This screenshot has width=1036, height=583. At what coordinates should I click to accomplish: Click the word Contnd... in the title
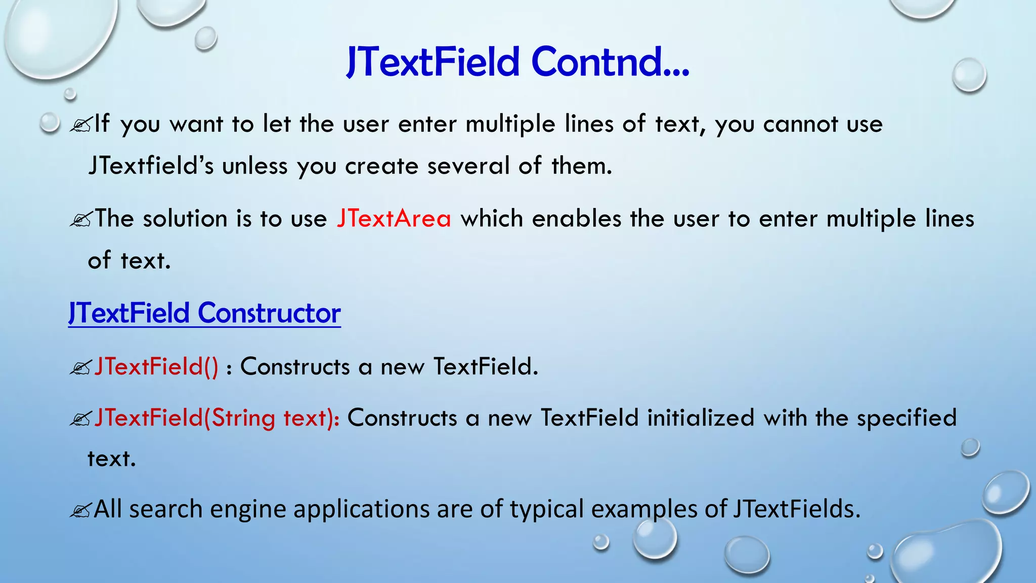610,62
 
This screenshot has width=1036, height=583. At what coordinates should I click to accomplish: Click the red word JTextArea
394,219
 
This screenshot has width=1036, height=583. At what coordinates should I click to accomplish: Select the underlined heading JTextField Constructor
204,313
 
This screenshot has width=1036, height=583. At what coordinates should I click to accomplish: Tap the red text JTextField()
156,366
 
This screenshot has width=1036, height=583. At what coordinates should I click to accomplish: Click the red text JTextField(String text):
217,418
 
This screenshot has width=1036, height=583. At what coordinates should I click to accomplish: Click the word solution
185,219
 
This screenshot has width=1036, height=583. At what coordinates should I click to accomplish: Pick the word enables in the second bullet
577,219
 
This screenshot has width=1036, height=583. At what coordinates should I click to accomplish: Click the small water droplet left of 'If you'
50,122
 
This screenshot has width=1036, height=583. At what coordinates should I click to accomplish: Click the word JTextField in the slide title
433,62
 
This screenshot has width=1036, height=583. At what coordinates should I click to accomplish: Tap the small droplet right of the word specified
970,447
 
